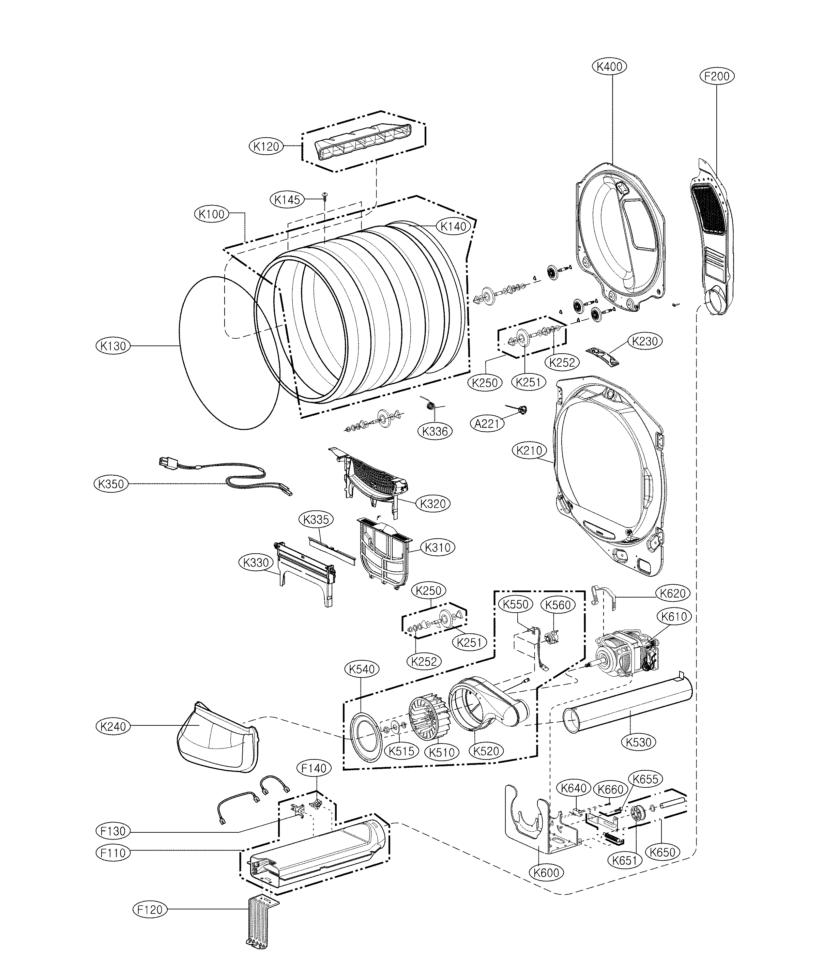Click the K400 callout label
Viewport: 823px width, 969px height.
tap(610, 67)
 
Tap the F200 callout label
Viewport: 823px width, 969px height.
tap(717, 76)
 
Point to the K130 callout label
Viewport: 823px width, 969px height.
tap(113, 346)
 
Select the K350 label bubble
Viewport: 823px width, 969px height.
tap(110, 484)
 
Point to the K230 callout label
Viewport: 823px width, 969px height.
tap(645, 341)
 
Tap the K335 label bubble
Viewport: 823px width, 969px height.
tap(316, 519)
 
